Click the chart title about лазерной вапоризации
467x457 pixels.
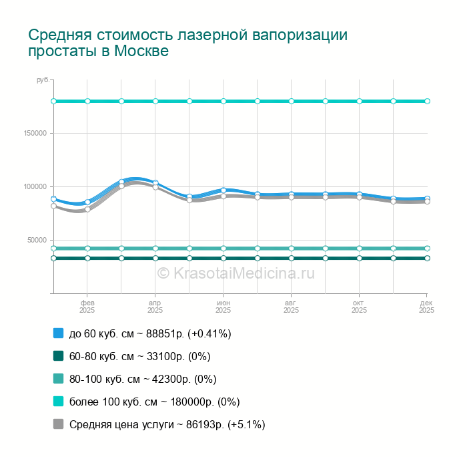pos(187,43)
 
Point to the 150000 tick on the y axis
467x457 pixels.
pos(35,133)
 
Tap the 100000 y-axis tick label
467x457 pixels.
pos(35,186)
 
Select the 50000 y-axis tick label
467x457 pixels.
pos(37,240)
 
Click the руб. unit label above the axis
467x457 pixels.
pos(42,80)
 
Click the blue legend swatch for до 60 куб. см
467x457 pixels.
pos(58,333)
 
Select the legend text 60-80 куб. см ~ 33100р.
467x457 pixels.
pos(139,356)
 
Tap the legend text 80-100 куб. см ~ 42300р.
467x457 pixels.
pos(143,379)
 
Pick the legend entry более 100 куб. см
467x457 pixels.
pos(154,402)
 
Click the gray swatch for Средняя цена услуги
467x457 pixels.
pos(58,424)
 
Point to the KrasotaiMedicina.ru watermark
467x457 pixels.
pos(236,273)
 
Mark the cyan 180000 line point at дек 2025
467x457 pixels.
pos(427,101)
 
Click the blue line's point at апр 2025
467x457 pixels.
pos(155,183)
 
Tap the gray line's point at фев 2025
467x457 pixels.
pos(87,209)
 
